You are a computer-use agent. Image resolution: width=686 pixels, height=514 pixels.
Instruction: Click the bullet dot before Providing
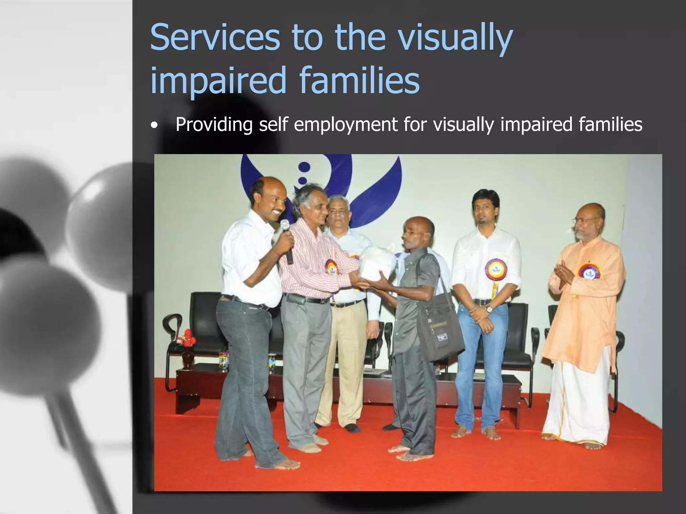click(x=154, y=126)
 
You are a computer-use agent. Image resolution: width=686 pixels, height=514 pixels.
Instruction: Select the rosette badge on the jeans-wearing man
click(x=495, y=270)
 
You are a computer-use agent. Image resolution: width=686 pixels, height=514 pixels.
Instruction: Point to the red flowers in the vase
click(x=186, y=338)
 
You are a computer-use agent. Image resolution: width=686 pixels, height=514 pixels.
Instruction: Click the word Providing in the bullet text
click(x=214, y=124)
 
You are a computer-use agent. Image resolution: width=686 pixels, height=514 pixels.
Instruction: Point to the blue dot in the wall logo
click(x=304, y=168)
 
